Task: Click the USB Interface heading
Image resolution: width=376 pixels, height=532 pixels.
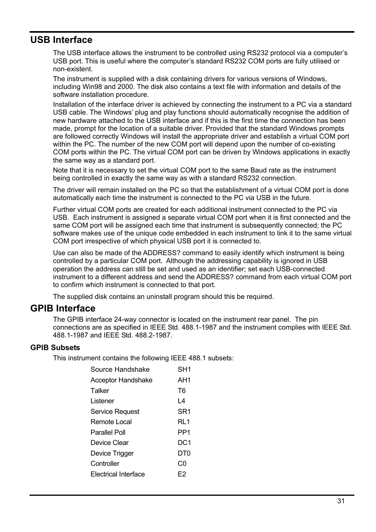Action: (61, 40)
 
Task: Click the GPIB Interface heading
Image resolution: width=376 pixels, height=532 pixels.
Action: (63, 308)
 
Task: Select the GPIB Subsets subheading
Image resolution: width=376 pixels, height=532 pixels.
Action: (55, 348)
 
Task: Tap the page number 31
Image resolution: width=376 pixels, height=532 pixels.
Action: (341, 501)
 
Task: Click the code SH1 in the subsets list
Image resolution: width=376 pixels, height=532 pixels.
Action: (184, 369)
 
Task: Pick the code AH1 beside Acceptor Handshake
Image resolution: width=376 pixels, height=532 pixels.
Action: (184, 380)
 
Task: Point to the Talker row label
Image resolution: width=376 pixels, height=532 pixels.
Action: (100, 391)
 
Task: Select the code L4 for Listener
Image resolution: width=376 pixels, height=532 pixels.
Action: (181, 401)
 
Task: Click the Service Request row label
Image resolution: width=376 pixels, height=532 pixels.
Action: (115, 412)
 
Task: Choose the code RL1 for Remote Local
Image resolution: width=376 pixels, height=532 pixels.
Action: (184, 422)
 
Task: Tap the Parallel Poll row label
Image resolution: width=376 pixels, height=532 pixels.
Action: (108, 432)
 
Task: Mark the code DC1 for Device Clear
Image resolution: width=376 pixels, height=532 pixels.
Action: (184, 443)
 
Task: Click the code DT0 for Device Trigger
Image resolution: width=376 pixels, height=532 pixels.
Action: (184, 453)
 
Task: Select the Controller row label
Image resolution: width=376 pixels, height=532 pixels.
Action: (105, 463)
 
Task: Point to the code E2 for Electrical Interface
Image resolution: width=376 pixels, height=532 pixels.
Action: (182, 474)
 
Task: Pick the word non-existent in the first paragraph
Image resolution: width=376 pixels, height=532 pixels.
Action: (73, 69)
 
